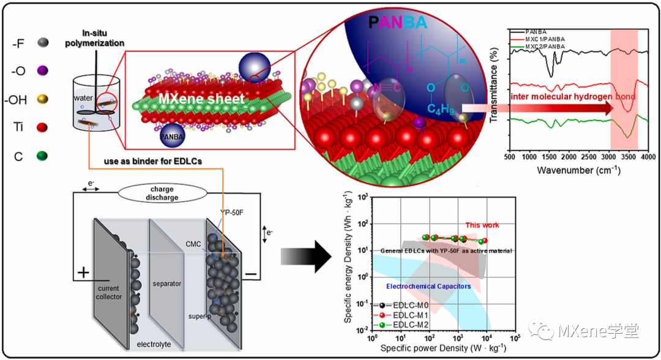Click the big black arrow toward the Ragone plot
301,255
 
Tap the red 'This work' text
482,225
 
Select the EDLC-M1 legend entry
408,314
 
